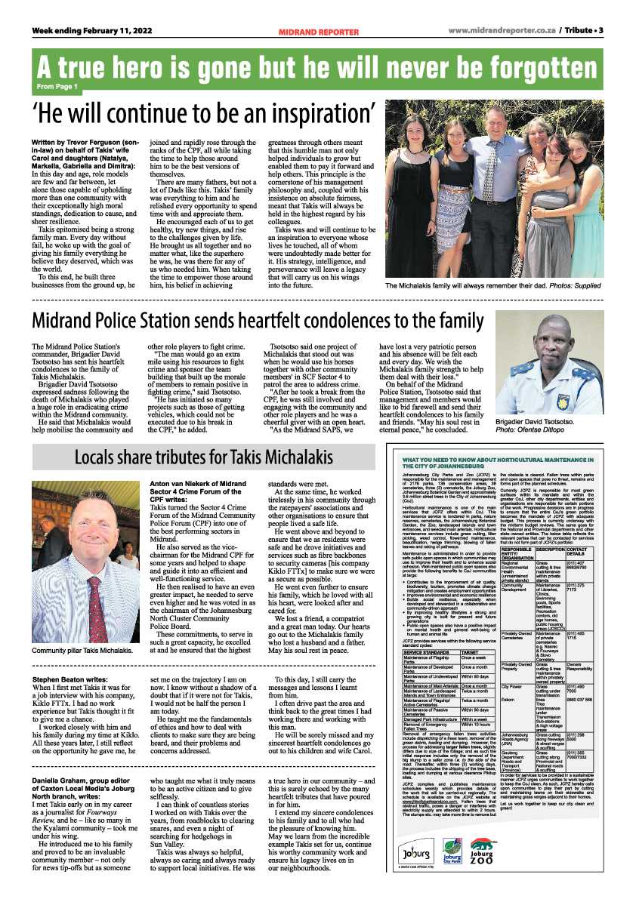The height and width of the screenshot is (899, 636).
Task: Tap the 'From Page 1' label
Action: coord(57,88)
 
